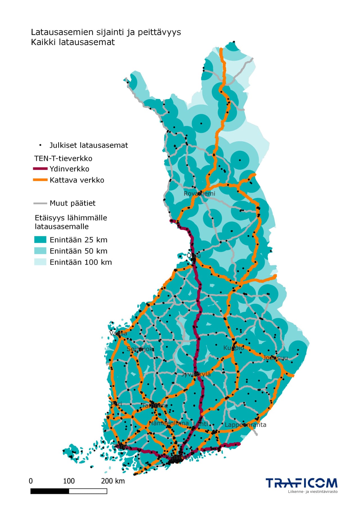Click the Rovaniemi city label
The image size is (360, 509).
[x=199, y=193]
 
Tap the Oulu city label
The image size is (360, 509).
[x=194, y=255]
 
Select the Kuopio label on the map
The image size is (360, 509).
[x=233, y=348]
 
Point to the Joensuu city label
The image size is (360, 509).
[x=275, y=358]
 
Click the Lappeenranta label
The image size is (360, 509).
[x=245, y=425]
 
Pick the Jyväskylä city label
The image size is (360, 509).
[x=196, y=374]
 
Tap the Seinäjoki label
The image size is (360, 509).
[x=140, y=349]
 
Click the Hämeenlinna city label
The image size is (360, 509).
[x=169, y=423]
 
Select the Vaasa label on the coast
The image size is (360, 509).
[x=118, y=333]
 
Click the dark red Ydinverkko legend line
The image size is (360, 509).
[x=40, y=169]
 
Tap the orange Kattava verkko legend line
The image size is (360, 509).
[x=40, y=180]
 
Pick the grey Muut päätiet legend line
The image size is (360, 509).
[x=40, y=203]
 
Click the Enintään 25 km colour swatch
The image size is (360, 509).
[x=40, y=240]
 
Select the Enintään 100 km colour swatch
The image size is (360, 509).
[x=40, y=262]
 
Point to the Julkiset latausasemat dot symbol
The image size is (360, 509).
[x=40, y=145]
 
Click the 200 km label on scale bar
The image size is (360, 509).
[x=112, y=481]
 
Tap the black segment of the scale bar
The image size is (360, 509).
[x=50, y=491]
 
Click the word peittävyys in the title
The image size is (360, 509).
[x=159, y=32]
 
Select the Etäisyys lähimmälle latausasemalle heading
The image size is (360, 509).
[x=71, y=222]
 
